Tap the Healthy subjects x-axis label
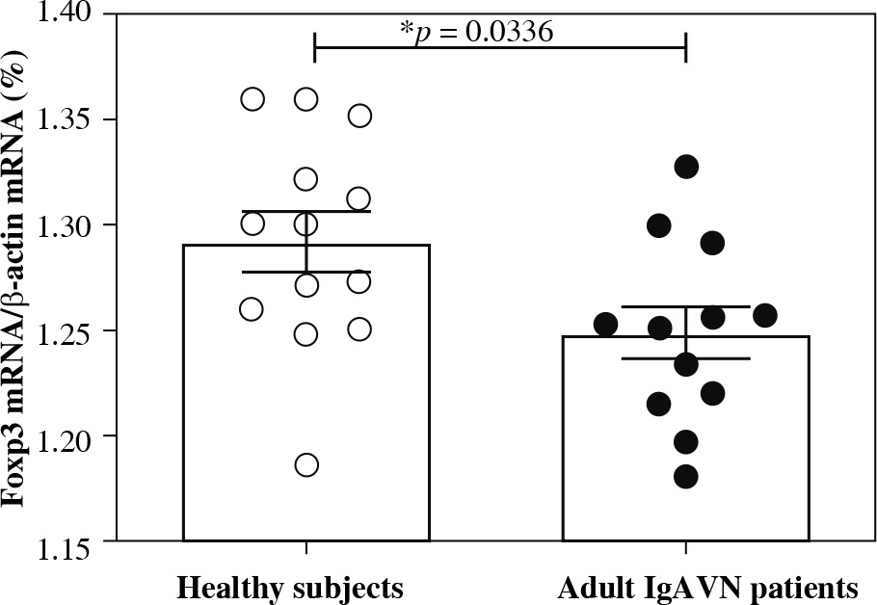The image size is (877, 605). pos(288,586)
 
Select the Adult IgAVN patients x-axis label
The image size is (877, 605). pos(705,586)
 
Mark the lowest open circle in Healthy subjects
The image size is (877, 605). pos(306,465)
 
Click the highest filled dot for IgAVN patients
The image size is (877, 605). pos(686,167)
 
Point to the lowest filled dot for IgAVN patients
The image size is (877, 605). pos(686,477)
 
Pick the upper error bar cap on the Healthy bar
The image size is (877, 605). pos(306,211)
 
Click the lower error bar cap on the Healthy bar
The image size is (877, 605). pos(306,272)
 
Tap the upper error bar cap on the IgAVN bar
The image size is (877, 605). pos(686,307)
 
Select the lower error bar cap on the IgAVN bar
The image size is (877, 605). pos(686,358)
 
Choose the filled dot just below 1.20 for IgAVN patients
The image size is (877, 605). pos(686,442)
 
